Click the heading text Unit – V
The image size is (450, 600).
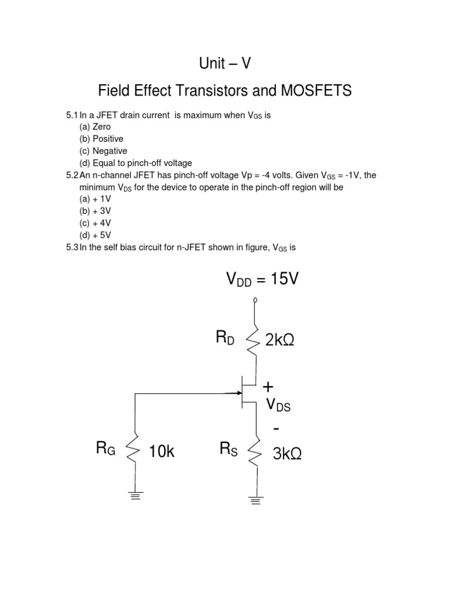[x=225, y=63]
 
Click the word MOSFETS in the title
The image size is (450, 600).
[x=313, y=91]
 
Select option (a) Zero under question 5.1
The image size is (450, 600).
[x=95, y=127]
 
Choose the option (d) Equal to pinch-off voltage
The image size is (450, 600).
[x=135, y=163]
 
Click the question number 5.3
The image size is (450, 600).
[x=72, y=247]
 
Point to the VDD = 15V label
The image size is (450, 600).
[x=262, y=279]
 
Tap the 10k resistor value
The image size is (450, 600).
[x=163, y=452]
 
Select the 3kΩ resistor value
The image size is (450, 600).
[x=288, y=453]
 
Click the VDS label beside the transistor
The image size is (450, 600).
[x=278, y=405]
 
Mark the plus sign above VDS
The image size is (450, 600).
[x=268, y=387]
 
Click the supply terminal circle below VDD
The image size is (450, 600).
[x=255, y=301]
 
